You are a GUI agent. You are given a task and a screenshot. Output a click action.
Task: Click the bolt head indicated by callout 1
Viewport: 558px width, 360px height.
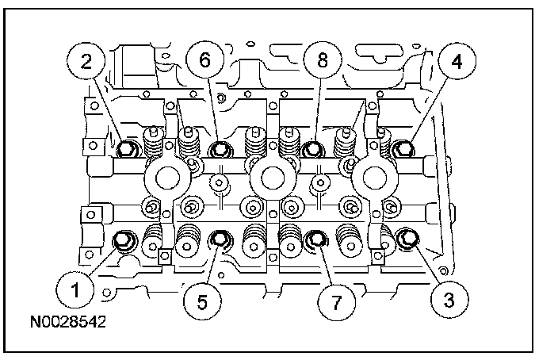124,240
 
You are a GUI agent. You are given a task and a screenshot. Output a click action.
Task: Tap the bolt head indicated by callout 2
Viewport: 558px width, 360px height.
125,148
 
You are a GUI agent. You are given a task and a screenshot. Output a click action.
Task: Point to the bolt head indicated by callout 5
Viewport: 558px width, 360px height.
218,239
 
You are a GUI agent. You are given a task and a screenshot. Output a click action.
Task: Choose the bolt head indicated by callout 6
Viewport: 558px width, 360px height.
220,148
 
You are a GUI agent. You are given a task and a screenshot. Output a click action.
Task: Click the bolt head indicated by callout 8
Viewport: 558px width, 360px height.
311,148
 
